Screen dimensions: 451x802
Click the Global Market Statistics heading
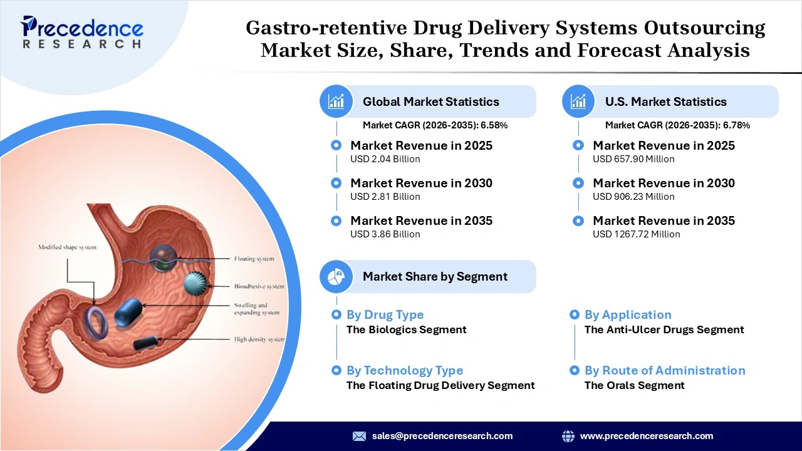[x=430, y=101]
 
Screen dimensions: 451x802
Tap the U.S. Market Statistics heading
[x=665, y=101]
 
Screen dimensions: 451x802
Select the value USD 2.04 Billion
[x=385, y=159]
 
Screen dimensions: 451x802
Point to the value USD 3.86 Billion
[x=385, y=234]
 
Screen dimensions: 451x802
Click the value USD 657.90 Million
[x=633, y=159]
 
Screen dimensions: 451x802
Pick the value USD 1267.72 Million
[x=636, y=234]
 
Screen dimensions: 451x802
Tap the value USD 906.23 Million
[x=633, y=197]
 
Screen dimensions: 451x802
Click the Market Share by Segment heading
[x=435, y=276]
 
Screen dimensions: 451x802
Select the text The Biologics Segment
[x=406, y=329]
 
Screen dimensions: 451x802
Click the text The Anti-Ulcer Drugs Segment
[x=664, y=329]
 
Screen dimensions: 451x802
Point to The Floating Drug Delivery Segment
[x=440, y=385]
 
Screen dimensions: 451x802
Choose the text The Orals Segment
[x=634, y=385]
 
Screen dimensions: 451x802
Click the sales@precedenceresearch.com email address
[x=442, y=436]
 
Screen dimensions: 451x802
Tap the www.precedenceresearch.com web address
[x=647, y=436]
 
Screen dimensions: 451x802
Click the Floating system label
[x=254, y=259]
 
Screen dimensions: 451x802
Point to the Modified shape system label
[x=68, y=247]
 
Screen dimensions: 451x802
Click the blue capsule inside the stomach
[x=128, y=311]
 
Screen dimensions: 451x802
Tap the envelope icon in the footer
[x=359, y=436]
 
